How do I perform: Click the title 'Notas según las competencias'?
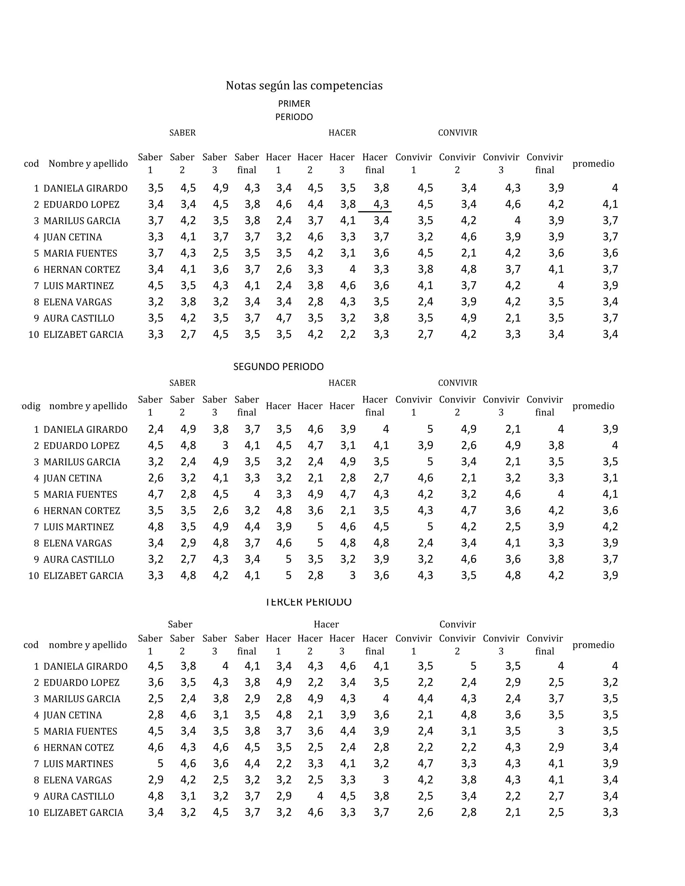click(x=304, y=86)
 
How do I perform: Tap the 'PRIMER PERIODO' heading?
click(x=294, y=110)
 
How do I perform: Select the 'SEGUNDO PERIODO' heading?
click(x=278, y=367)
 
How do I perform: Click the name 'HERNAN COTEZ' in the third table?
click(x=78, y=747)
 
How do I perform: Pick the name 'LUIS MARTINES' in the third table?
click(x=78, y=764)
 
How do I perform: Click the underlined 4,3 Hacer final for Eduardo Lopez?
click(x=381, y=205)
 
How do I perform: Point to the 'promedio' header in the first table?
click(x=593, y=163)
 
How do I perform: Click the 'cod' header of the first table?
click(x=31, y=163)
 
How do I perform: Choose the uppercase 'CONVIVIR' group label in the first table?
click(x=457, y=133)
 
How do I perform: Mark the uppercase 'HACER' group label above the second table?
click(x=342, y=382)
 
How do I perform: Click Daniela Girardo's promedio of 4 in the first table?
click(x=615, y=188)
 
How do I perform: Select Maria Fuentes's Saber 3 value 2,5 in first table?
click(x=220, y=253)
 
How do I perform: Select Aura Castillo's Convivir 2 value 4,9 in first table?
click(x=468, y=318)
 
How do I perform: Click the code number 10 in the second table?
click(x=34, y=576)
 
